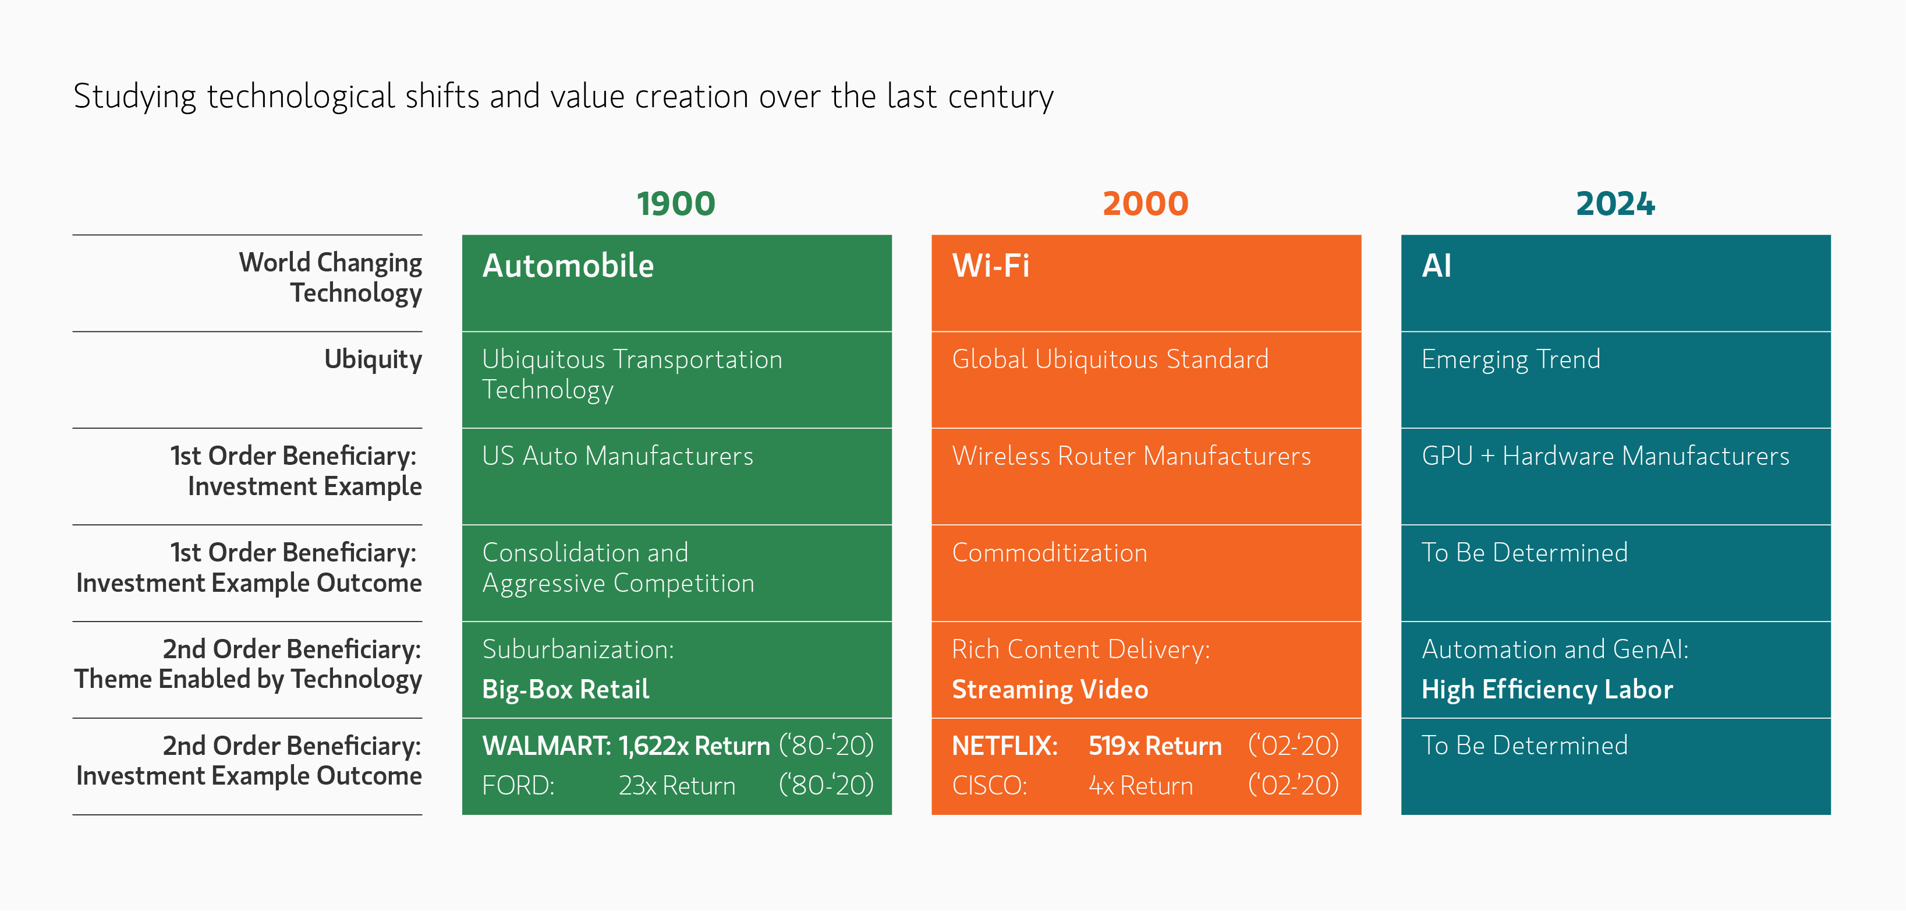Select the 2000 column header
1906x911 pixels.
pos(1145,203)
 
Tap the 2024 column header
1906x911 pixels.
pos(1616,203)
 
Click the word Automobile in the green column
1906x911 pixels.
pos(568,266)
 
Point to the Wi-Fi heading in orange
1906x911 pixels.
pos(991,266)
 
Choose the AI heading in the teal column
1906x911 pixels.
pos(1437,266)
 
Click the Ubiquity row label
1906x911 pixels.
pos(373,359)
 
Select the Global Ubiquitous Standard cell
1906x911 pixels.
pos(1110,359)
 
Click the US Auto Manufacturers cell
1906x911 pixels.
pos(618,456)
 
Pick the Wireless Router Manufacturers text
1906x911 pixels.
pos(1131,456)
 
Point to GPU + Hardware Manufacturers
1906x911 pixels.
pos(1606,456)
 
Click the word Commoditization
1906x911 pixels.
pos(1050,553)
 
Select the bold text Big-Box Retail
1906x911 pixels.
pos(566,690)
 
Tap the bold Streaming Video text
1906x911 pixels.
pos(1050,690)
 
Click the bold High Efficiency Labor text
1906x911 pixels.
pos(1547,690)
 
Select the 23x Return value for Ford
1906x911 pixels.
pos(677,786)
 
